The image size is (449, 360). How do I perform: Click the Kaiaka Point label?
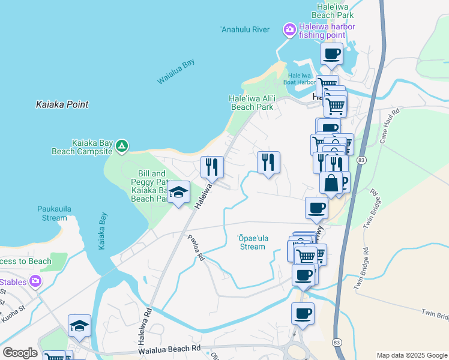pyautogui.click(x=62, y=104)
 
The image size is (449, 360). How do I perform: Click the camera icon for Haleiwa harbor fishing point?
pyautogui.click(x=290, y=29)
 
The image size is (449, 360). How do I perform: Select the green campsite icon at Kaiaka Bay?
pyautogui.click(x=122, y=146)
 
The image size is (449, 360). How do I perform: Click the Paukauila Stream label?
pyautogui.click(x=46, y=213)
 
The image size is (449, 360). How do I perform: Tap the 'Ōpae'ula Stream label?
pyautogui.click(x=252, y=242)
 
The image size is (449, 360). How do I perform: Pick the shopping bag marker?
pyautogui.click(x=331, y=182)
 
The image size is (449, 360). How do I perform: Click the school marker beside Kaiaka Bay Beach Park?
pyautogui.click(x=178, y=193)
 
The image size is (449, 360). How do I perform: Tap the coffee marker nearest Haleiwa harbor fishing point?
pyautogui.click(x=331, y=54)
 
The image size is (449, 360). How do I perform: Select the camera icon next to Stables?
pyautogui.click(x=35, y=281)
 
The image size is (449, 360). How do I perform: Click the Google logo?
pyautogui.click(x=20, y=353)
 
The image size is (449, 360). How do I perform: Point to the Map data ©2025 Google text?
pyautogui.click(x=411, y=355)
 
